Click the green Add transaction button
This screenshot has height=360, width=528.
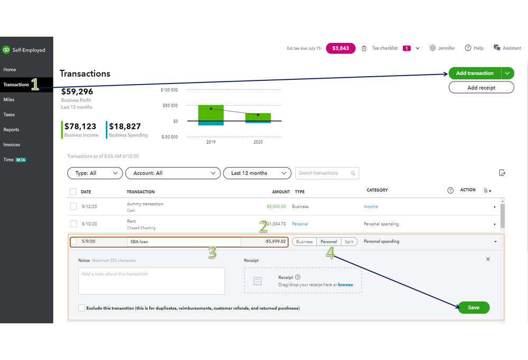[x=475, y=73]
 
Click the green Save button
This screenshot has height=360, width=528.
[x=474, y=308]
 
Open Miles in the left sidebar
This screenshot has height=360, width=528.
[x=9, y=99]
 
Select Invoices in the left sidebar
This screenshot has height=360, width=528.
[x=12, y=144]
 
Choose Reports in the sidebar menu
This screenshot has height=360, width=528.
[x=11, y=130]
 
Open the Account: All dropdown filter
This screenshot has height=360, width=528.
[x=173, y=173]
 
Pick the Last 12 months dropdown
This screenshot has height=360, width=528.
[x=257, y=173]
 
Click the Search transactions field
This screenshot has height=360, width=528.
[x=323, y=173]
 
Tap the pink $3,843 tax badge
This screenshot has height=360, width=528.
[x=340, y=48]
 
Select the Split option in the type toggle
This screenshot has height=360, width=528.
[x=349, y=242]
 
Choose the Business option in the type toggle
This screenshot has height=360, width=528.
[x=304, y=242]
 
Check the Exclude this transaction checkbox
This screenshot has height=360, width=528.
[x=81, y=308]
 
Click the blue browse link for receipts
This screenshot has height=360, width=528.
[x=346, y=284]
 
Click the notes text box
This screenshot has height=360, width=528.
[x=151, y=281]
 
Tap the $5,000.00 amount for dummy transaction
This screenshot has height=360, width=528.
[x=276, y=207]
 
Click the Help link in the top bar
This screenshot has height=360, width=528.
[x=474, y=48]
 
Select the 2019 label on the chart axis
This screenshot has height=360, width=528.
[x=211, y=142]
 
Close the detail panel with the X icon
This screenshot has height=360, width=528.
[x=488, y=259]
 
